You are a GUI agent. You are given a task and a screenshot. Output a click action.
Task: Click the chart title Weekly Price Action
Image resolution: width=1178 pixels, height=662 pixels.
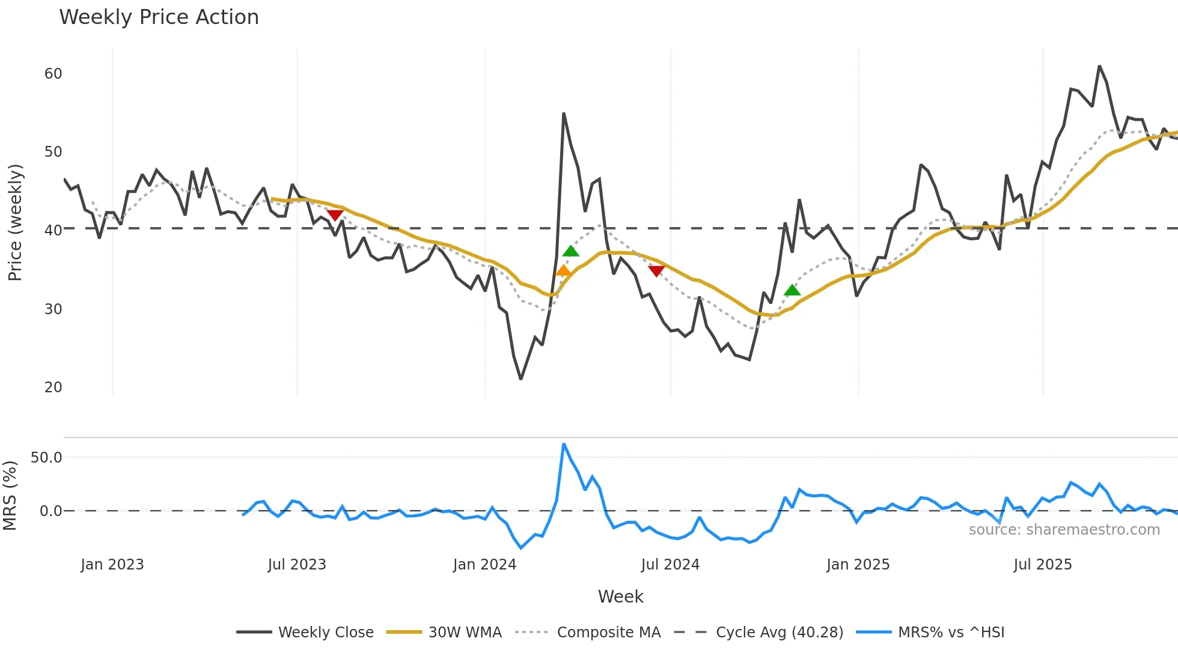[159, 17]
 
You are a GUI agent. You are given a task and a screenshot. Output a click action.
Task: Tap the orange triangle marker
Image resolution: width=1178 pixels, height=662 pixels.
[563, 271]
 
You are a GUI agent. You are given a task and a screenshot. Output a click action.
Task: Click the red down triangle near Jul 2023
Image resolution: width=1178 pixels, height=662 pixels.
[335, 215]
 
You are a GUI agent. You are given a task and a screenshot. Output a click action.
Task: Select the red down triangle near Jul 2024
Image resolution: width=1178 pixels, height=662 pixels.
[656, 271]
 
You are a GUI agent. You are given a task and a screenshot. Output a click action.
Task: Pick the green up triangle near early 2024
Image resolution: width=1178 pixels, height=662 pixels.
[570, 251]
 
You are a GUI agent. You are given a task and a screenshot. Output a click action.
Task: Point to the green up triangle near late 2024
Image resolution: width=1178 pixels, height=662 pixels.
[792, 291]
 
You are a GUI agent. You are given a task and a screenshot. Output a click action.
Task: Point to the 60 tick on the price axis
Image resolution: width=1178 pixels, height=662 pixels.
[53, 74]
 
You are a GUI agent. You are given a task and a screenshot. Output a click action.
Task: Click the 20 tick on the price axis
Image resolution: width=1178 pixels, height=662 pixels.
[53, 387]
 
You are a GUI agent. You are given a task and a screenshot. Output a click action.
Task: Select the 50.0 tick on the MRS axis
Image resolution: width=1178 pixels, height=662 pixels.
[46, 458]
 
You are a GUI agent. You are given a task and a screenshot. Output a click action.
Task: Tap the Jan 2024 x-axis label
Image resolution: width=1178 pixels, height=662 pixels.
[484, 565]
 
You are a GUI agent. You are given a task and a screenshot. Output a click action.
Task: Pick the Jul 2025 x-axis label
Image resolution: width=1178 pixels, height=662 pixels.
[1042, 565]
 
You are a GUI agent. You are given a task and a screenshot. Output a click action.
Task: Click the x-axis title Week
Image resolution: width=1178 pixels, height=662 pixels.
[620, 597]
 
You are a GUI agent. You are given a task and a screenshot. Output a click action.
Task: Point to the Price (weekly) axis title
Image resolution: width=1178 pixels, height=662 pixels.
[15, 222]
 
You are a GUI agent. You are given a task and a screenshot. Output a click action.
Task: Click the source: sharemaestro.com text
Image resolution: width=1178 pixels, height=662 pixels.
[1064, 530]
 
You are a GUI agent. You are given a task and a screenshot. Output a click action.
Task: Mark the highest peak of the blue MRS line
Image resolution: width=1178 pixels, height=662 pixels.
[564, 445]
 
